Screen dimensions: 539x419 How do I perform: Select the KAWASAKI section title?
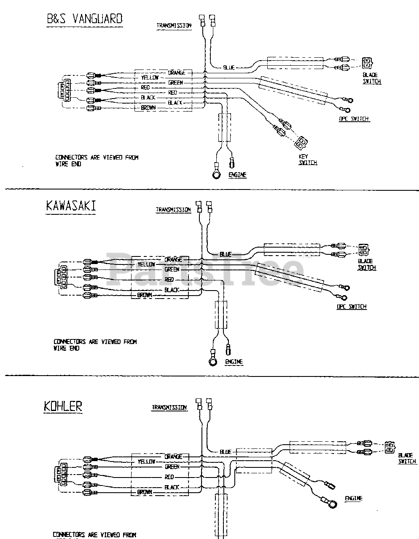click(70, 205)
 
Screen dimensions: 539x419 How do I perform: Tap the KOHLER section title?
click(63, 406)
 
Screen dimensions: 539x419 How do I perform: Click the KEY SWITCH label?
click(308, 160)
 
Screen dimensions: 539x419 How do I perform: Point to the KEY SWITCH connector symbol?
click(301, 143)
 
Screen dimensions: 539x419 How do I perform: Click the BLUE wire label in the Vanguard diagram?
click(228, 67)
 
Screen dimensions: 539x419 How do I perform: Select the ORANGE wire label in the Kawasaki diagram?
click(173, 259)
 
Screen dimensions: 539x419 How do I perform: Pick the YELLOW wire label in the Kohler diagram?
click(146, 462)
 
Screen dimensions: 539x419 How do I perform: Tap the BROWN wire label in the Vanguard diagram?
click(148, 108)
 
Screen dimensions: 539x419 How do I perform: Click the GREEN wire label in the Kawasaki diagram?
click(172, 269)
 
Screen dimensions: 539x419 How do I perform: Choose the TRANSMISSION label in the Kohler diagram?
click(169, 408)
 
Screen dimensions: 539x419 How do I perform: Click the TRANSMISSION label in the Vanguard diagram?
click(174, 26)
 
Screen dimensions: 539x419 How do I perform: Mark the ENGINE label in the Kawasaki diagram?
click(234, 362)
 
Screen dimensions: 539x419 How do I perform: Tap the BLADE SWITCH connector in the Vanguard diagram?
click(367, 63)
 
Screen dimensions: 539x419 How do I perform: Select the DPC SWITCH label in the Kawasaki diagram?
click(351, 307)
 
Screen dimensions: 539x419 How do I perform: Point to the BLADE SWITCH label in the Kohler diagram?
click(407, 458)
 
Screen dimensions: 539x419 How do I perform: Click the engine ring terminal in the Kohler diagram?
click(332, 503)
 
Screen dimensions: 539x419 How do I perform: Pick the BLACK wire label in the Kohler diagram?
click(172, 487)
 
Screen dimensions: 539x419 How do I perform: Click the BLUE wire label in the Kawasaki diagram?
click(226, 254)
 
